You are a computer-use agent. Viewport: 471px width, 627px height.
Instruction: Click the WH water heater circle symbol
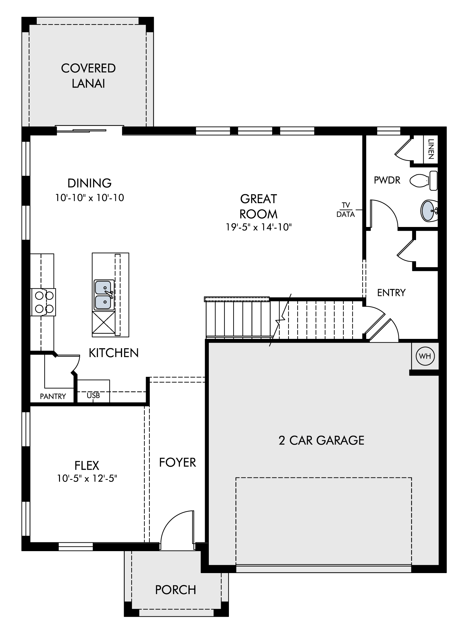pos(425,356)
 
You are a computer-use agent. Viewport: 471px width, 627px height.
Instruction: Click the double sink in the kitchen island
pos(104,295)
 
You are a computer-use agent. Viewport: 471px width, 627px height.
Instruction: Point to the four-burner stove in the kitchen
pos(43,302)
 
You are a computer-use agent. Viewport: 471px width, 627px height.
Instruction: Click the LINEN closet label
pos(430,149)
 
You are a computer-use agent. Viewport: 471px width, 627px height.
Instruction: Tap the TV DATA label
pos(346,210)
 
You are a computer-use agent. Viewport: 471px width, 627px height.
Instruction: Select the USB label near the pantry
pos(93,396)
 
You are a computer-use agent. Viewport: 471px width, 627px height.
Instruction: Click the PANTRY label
pos(53,397)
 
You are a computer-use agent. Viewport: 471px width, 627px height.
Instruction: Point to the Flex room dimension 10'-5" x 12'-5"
pos(87,478)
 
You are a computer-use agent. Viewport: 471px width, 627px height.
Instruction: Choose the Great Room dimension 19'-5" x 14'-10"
pos(259,227)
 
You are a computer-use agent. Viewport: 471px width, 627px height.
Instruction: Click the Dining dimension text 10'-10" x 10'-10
pos(89,198)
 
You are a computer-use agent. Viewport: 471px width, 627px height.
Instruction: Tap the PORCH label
pos(176,590)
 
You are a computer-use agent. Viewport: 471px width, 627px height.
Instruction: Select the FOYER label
pos(177,462)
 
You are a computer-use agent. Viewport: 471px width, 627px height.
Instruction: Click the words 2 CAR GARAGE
pos(322,440)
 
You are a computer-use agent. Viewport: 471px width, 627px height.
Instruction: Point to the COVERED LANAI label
pos(88,76)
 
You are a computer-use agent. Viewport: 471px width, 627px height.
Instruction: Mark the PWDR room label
pos(387,180)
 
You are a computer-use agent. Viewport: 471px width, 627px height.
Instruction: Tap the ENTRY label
pos(391,292)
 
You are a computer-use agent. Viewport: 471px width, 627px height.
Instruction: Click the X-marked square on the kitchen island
pos(103,323)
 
